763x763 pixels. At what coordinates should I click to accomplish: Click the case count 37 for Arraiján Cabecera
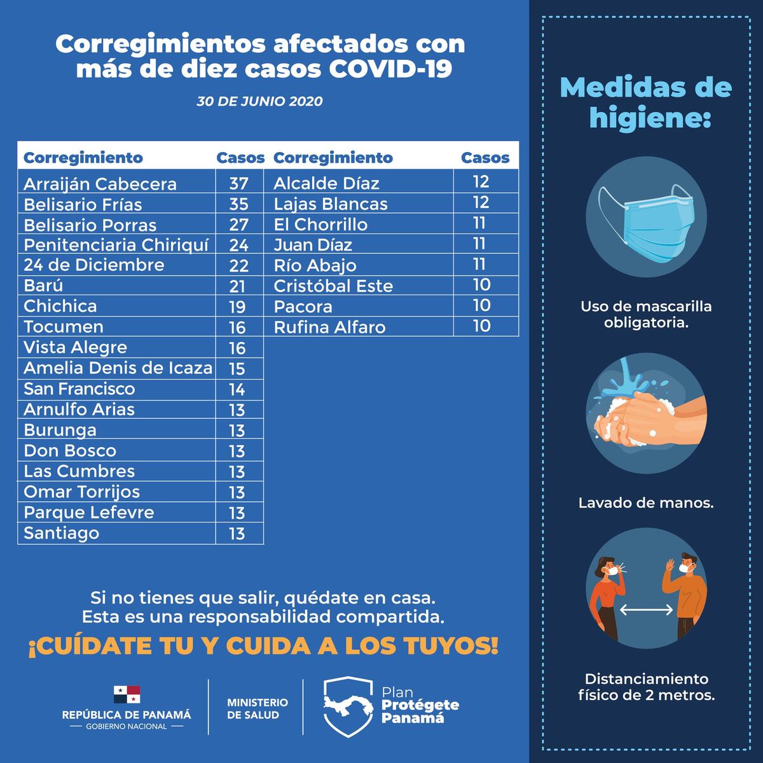coord(238,184)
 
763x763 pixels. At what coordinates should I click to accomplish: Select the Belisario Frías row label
coord(83,205)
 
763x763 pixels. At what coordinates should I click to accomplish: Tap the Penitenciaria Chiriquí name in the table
coord(116,245)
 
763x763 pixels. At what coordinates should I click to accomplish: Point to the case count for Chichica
coord(237,307)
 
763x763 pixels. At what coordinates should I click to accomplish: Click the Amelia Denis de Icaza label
coord(118,368)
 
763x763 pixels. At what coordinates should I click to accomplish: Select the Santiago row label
coord(61,533)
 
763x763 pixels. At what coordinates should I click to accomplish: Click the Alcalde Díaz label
coord(326,184)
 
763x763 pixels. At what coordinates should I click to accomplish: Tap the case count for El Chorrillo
coord(480,224)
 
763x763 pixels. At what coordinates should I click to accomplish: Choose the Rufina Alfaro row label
coord(329,327)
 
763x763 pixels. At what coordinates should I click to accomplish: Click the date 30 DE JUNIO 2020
coord(259,102)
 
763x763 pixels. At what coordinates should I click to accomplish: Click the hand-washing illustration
coord(646,413)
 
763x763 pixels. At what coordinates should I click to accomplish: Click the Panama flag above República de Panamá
coord(127,694)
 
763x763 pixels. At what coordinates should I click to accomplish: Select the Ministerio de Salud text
coord(257,708)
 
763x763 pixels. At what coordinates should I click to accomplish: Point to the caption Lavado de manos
coord(646,503)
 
